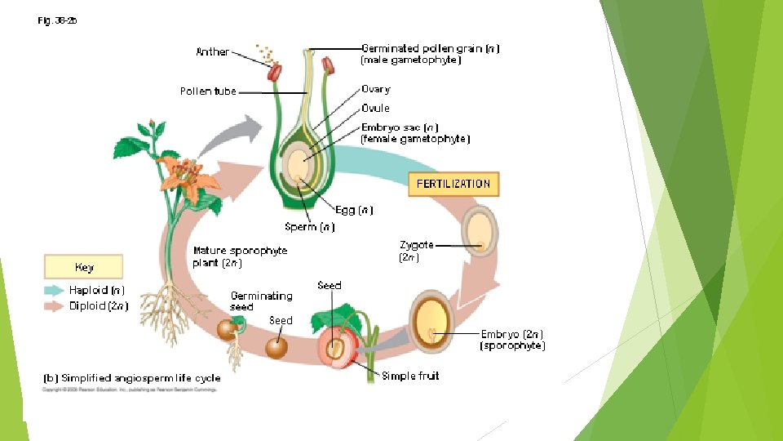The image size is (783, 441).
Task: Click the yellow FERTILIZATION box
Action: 453,184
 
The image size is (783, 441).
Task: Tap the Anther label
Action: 212,51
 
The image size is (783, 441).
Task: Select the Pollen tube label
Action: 208,91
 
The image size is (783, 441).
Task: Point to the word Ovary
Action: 375,89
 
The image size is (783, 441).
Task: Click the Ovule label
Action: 375,108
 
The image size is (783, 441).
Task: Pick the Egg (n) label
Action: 354,210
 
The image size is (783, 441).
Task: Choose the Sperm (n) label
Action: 309,227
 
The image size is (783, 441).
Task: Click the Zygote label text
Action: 416,245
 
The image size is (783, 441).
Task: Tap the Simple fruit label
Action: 410,376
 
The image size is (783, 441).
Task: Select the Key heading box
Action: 83,267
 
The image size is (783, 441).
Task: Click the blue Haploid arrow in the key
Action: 54,290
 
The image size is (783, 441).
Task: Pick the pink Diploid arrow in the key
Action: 54,306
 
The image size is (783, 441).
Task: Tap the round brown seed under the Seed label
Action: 276,347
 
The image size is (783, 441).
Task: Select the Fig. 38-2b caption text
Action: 56,21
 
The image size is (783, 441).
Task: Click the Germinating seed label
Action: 261,301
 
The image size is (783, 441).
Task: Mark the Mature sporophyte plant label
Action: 240,256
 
